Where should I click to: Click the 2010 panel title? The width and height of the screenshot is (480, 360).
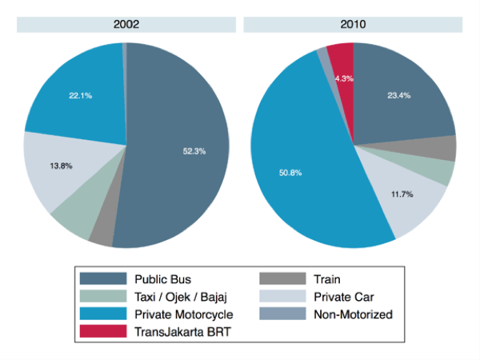353,25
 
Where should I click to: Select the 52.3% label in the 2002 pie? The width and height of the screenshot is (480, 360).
192,150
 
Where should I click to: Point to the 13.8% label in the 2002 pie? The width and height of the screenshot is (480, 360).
62,166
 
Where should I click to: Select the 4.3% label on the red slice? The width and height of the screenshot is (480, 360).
344,78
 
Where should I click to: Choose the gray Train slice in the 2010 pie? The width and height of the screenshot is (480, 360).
445,148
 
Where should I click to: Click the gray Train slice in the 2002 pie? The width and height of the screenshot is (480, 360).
102,234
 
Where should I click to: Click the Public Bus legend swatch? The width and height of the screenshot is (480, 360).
103,279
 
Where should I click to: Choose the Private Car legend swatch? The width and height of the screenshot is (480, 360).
284,297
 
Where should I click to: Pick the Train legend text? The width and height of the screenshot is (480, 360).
328,279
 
